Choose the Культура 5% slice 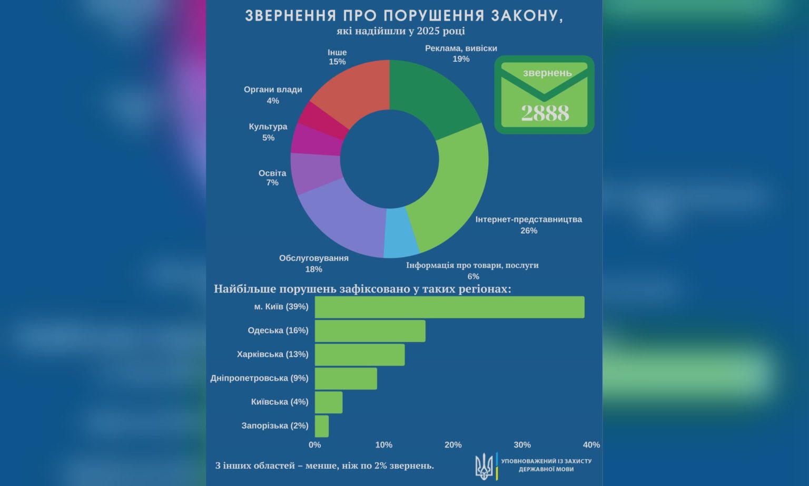[x=316, y=140]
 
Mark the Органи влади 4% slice [x=324, y=119]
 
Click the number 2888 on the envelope [x=545, y=113]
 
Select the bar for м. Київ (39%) [x=449, y=307]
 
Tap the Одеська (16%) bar [x=370, y=331]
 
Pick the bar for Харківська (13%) [x=360, y=355]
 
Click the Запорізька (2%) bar [x=322, y=426]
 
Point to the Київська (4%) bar [x=329, y=402]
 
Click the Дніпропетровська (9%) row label [x=259, y=378]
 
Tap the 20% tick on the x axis [x=453, y=445]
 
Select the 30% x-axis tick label [x=522, y=445]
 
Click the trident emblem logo [x=484, y=466]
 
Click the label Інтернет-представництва [x=528, y=219]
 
